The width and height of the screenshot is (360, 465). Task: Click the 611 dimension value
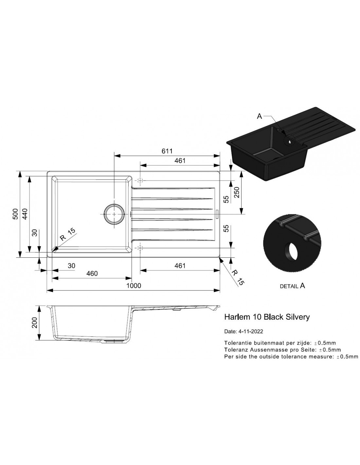pyautogui.click(x=167, y=151)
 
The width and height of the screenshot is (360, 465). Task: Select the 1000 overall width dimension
pyautogui.click(x=134, y=286)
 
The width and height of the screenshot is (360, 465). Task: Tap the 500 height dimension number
pyautogui.click(x=16, y=214)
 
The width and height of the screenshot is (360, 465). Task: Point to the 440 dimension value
pyautogui.click(x=25, y=214)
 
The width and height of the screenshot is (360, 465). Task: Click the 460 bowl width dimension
pyautogui.click(x=92, y=273)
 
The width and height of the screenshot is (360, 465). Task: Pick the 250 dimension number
pyautogui.click(x=236, y=192)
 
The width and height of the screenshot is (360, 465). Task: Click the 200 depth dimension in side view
pyautogui.click(x=34, y=323)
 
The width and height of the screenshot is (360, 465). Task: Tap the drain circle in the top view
pyautogui.click(x=114, y=214)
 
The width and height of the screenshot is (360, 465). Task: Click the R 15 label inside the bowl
pyautogui.click(x=67, y=234)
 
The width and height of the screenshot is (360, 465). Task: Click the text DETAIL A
pyautogui.click(x=292, y=286)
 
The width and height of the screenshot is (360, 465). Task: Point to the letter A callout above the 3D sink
pyautogui.click(x=259, y=116)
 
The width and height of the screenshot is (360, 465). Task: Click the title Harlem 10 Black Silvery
pyautogui.click(x=267, y=317)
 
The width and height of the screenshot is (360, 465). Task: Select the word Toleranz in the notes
pyautogui.click(x=235, y=350)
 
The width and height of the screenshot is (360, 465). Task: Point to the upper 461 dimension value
pyautogui.click(x=180, y=161)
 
